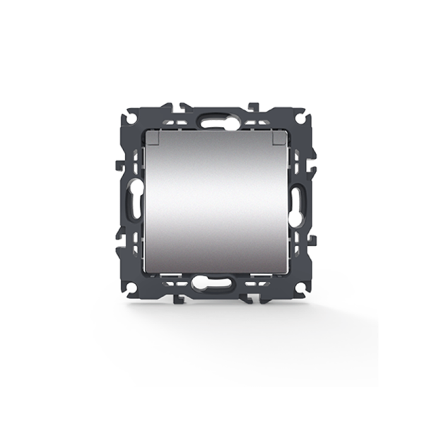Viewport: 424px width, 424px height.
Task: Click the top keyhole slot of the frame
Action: (x=211, y=121)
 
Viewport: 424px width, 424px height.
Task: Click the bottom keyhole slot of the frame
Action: (x=212, y=283)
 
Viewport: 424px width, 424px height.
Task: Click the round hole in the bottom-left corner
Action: (x=131, y=288)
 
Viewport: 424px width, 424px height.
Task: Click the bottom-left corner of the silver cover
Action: (x=147, y=270)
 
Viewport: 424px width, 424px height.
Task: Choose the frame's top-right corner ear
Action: (x=300, y=113)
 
